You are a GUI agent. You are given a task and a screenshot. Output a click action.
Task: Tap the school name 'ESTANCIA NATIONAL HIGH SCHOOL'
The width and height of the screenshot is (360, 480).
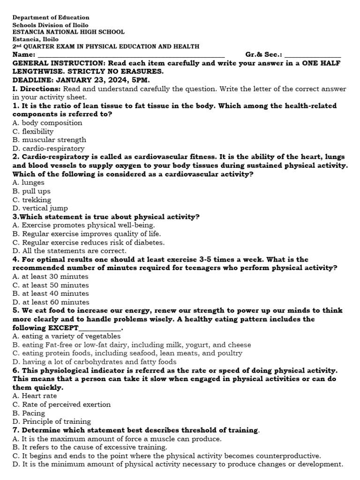tap(68, 32)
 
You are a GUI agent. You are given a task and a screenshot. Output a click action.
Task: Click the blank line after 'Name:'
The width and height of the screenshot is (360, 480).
tap(127, 55)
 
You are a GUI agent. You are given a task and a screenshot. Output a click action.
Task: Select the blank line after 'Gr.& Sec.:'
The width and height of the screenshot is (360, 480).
tap(313, 55)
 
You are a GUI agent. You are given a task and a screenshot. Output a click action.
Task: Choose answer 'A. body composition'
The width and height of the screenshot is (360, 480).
tap(47, 123)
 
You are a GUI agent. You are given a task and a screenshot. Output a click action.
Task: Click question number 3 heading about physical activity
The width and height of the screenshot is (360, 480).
tap(106, 217)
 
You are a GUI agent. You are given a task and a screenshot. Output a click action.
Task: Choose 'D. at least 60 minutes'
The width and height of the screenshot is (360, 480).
tap(51, 302)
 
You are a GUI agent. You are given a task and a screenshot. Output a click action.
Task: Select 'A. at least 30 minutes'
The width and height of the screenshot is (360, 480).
tap(51, 277)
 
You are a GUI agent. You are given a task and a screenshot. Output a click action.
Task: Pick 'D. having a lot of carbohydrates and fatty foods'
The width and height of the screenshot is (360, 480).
tap(94, 362)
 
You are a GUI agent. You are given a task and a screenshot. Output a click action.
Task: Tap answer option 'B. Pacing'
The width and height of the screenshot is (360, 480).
tap(29, 413)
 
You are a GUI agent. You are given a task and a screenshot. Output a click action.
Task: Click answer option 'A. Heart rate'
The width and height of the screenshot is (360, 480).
tap(35, 396)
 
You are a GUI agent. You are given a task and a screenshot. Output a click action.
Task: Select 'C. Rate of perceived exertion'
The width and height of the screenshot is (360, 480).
tap(61, 405)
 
